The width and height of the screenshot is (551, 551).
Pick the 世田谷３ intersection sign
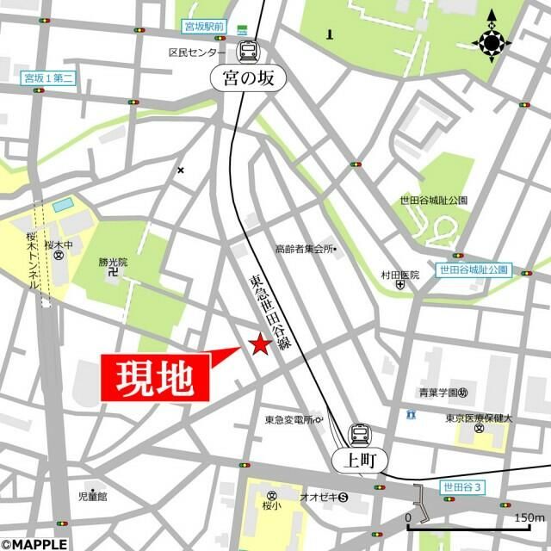[462, 487]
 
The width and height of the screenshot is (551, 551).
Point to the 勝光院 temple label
[112, 262]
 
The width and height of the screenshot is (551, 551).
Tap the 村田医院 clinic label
[400, 275]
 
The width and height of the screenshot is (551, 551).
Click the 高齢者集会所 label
[304, 249]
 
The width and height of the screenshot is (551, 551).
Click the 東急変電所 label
[289, 420]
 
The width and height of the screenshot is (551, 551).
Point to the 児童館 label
[92, 496]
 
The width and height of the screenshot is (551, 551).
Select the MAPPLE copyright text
[34, 543]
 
